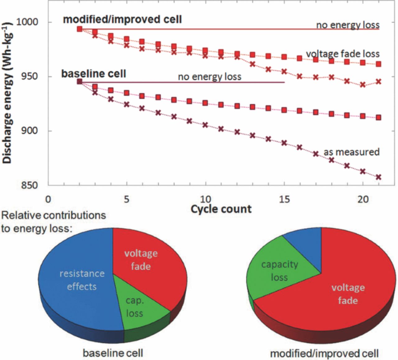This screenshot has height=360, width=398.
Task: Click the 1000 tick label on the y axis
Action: pyautogui.click(x=27, y=22)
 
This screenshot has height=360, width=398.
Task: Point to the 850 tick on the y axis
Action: pyautogui.click(x=29, y=185)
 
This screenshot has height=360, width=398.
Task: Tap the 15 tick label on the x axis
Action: pyautogui.click(x=284, y=199)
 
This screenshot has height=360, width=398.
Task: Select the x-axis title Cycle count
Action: pyautogui.click(x=221, y=209)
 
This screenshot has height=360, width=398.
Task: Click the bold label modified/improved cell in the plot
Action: pyautogui.click(x=122, y=19)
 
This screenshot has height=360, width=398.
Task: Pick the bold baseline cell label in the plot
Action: pyautogui.click(x=94, y=74)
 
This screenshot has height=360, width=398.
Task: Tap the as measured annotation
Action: pyautogui.click(x=351, y=152)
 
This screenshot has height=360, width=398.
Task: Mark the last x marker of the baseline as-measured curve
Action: pyautogui.click(x=378, y=177)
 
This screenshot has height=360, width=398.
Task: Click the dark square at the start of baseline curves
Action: pyautogui.click(x=80, y=82)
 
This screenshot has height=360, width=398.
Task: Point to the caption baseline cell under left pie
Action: pyautogui.click(x=113, y=353)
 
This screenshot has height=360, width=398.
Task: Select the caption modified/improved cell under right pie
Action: pyautogui.click(x=324, y=353)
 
